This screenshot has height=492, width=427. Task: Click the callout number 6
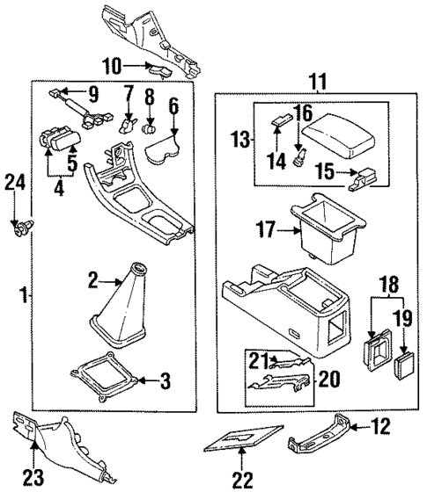coord(173,106)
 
